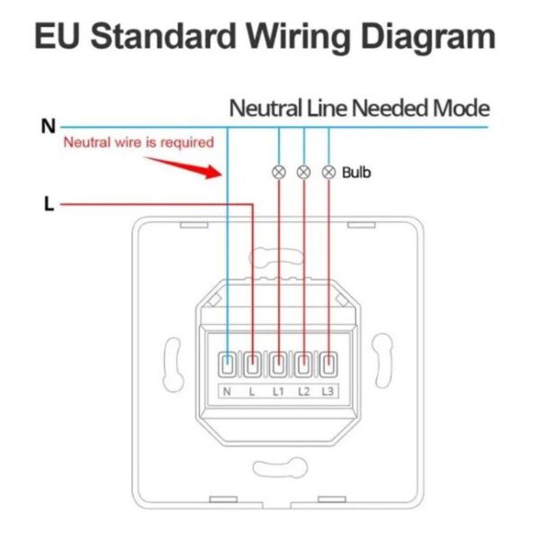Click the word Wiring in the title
click(x=298, y=37)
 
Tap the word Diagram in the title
click(x=428, y=37)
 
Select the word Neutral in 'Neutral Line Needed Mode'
click(x=265, y=108)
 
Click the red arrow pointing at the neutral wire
click(x=183, y=167)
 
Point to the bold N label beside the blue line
click(x=49, y=126)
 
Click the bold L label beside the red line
click(x=49, y=203)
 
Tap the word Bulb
click(x=356, y=173)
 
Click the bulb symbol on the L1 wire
click(x=279, y=172)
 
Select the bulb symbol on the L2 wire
click(x=304, y=172)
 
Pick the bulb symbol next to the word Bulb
click(x=328, y=172)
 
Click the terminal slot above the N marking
click(x=228, y=364)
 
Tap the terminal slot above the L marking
click(x=252, y=364)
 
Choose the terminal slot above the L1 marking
click(x=278, y=364)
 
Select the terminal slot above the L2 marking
click(x=303, y=364)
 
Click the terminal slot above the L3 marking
click(x=328, y=364)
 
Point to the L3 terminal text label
click(x=328, y=391)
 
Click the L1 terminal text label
click(x=278, y=391)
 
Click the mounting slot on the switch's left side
click(x=173, y=364)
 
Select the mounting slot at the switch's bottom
click(x=280, y=468)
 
